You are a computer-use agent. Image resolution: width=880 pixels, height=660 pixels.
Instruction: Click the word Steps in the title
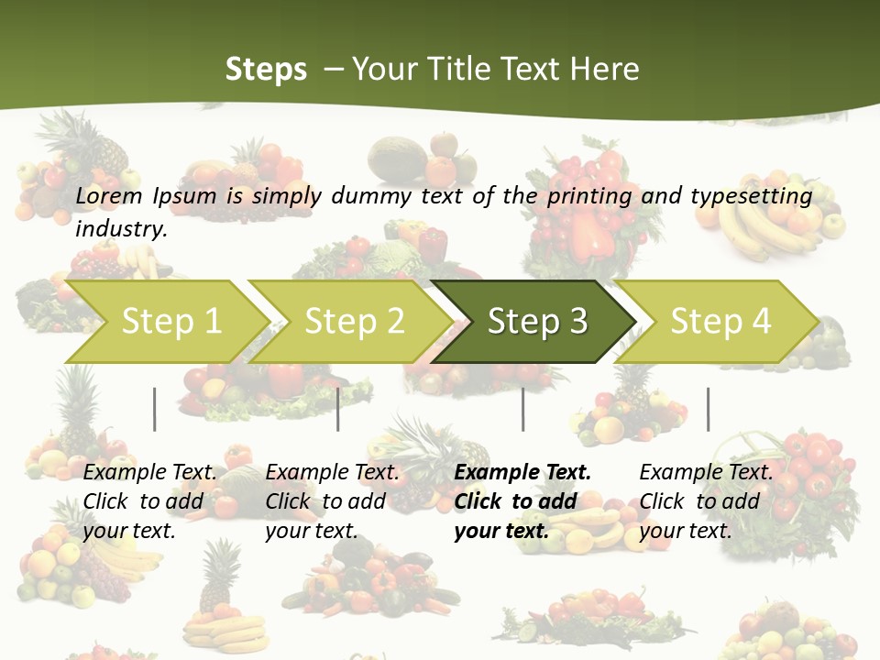point(266,69)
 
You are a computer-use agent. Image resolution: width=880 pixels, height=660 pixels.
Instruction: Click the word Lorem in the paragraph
point(109,195)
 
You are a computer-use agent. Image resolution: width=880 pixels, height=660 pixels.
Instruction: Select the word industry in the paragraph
point(120,228)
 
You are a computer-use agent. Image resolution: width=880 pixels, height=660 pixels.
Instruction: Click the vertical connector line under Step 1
point(155,409)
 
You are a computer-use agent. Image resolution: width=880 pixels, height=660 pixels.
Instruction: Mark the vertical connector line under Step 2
point(338,409)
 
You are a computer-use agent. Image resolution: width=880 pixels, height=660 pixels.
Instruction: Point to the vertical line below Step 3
point(523,409)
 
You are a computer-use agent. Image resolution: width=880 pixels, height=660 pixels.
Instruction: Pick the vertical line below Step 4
point(708,409)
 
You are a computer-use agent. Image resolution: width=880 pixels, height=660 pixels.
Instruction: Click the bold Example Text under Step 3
point(522,472)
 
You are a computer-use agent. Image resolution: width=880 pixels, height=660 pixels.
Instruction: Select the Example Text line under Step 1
point(149,472)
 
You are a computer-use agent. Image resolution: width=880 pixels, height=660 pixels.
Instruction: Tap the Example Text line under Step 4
point(706,472)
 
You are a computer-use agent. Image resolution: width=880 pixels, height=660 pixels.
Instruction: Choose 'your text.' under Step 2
point(311,531)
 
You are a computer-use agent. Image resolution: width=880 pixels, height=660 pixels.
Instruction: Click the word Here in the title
point(604,69)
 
